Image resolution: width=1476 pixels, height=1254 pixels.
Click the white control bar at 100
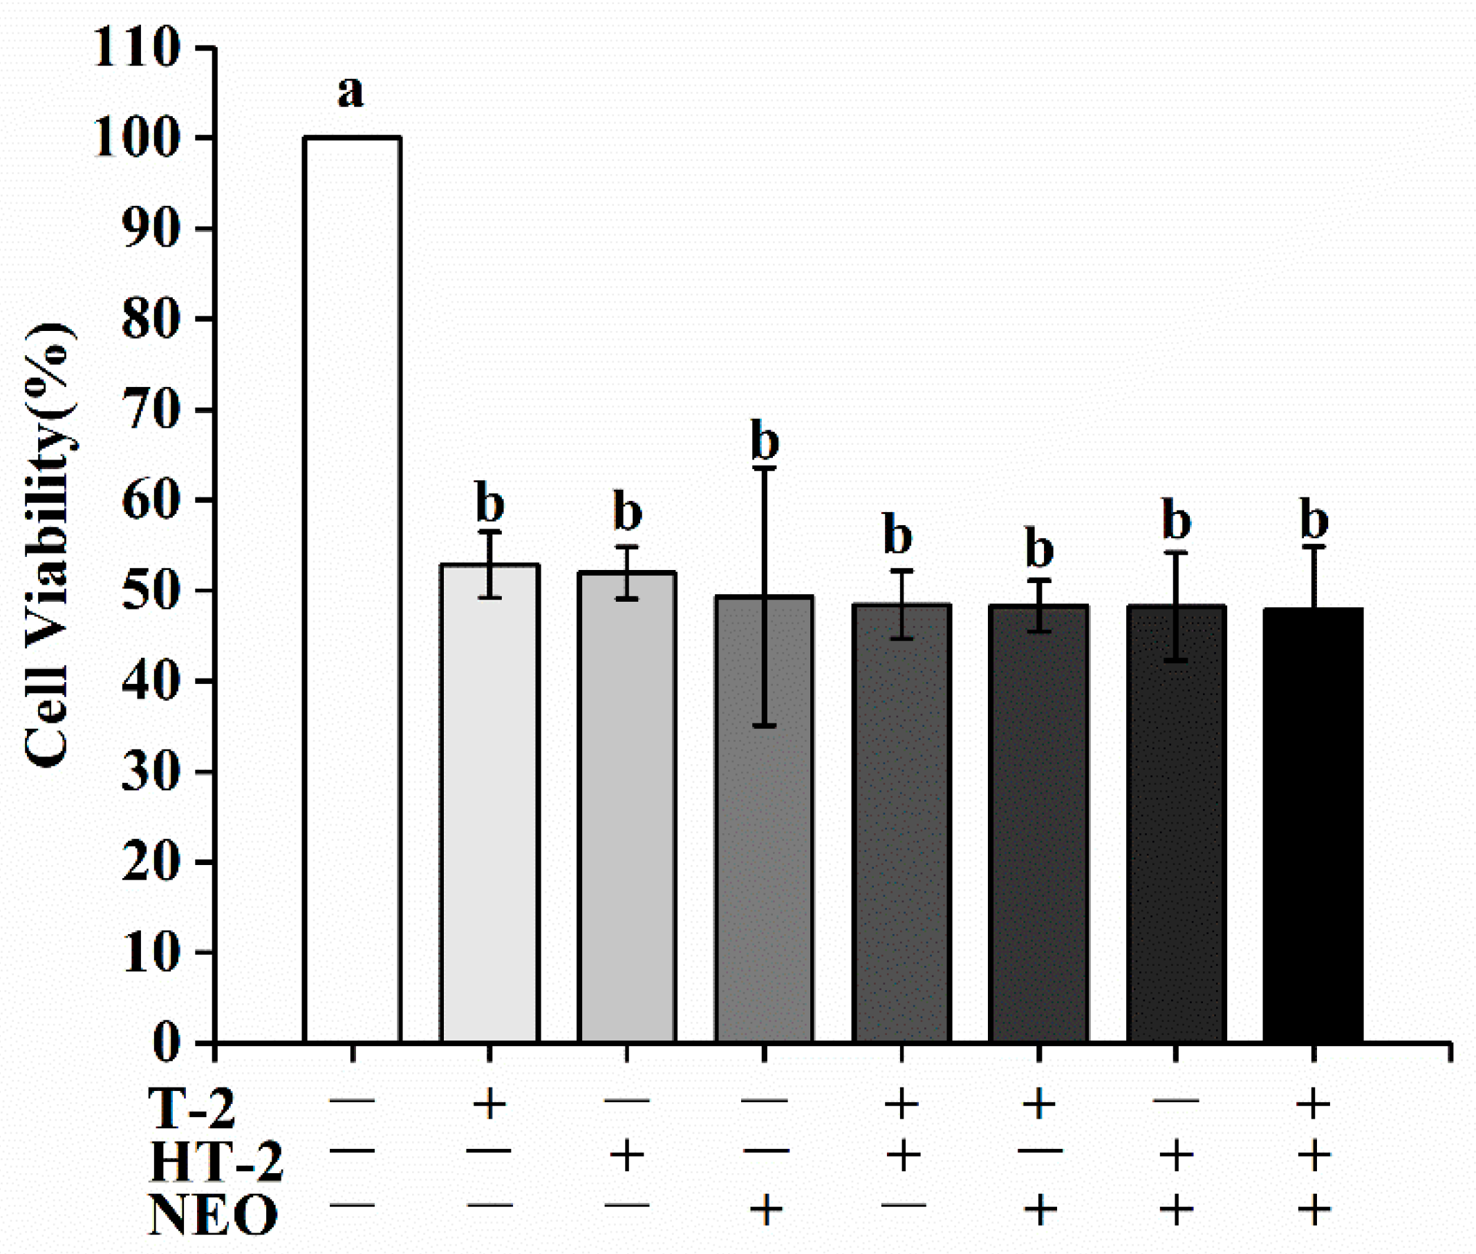coord(352,590)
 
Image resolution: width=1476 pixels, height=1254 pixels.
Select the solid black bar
coord(1313,825)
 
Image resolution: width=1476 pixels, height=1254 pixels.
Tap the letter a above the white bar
coord(350,93)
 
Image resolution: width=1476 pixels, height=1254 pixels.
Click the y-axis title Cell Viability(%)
coord(48,544)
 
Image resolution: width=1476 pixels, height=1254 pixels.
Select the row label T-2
coord(191,1108)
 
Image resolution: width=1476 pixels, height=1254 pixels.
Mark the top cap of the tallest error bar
coord(765,468)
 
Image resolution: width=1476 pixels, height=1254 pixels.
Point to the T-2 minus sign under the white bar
coord(352,1103)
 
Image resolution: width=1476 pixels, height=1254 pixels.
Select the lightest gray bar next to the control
coord(489,804)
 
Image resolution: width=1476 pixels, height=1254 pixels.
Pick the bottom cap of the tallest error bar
coord(765,726)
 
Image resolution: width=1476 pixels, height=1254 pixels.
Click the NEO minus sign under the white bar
coord(352,1206)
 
